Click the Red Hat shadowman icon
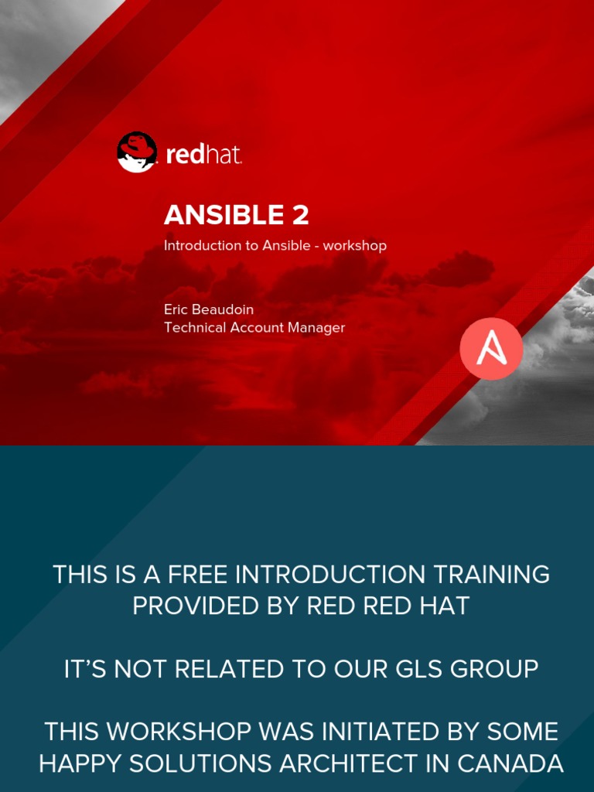[137, 152]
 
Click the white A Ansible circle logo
[491, 349]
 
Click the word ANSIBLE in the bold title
[224, 214]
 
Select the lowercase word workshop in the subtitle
[355, 246]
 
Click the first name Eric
[177, 309]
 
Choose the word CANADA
[510, 763]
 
